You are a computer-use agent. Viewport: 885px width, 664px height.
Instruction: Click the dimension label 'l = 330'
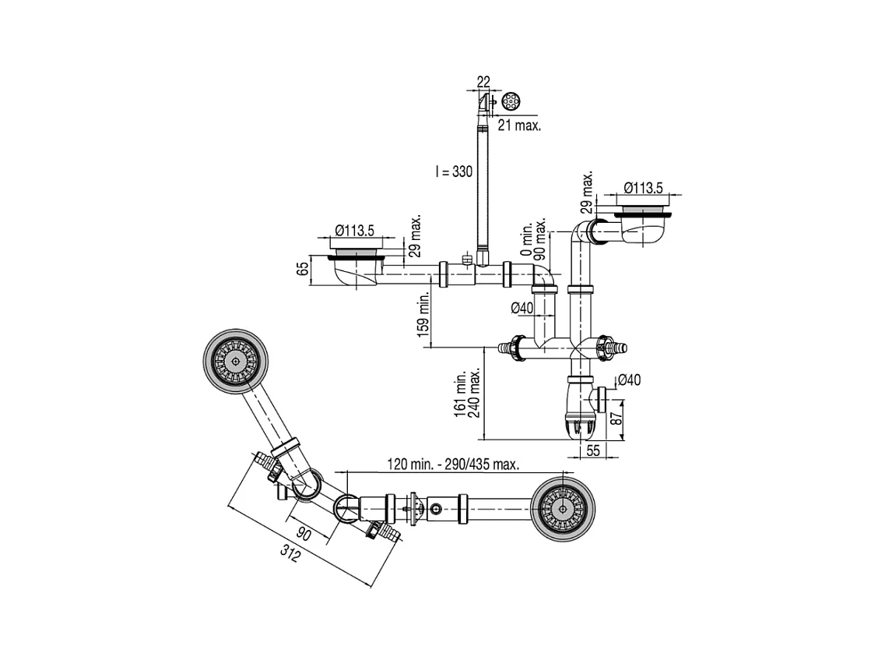click(454, 171)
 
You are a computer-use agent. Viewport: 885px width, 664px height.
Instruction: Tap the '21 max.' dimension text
click(519, 125)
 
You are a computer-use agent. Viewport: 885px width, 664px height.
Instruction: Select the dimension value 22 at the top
click(483, 82)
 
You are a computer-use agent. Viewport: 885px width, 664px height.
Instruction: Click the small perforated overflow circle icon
click(511, 101)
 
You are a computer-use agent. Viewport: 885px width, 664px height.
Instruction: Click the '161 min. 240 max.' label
click(467, 393)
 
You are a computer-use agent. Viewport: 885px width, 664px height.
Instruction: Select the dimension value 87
click(617, 419)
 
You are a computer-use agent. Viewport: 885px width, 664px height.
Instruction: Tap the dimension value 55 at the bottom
click(593, 450)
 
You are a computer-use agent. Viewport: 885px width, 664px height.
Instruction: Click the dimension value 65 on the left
click(304, 268)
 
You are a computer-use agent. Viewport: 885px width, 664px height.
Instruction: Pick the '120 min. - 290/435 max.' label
click(453, 464)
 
